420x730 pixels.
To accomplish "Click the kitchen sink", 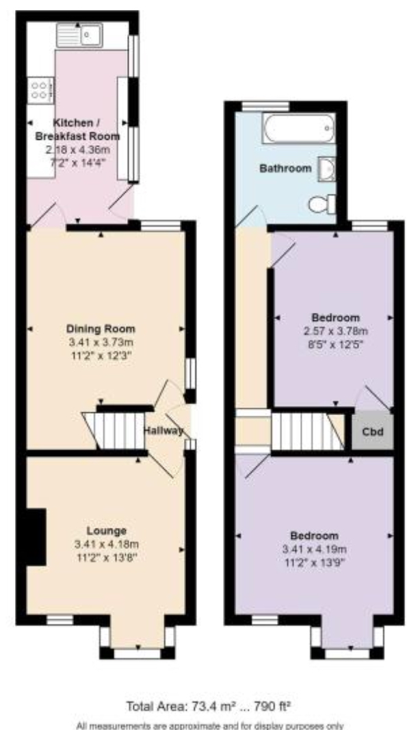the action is [x=79, y=36].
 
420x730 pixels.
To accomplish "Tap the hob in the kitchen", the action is [x=40, y=90].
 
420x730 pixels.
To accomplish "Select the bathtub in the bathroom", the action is [x=298, y=128].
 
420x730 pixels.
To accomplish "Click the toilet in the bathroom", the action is [x=322, y=204].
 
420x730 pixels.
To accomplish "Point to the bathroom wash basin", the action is [x=327, y=169].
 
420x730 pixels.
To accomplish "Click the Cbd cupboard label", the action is [x=373, y=431].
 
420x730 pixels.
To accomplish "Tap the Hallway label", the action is [x=163, y=431].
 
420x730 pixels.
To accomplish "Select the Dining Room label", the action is [x=101, y=329].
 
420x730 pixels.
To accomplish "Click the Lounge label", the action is [x=107, y=531].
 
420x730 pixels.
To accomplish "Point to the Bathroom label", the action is [x=285, y=168].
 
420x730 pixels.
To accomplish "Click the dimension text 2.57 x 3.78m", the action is [x=336, y=331].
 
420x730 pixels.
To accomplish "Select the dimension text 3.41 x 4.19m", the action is [x=315, y=549].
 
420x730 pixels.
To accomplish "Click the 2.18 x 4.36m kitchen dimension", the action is [x=78, y=150].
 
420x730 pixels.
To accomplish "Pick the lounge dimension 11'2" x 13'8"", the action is [x=107, y=557].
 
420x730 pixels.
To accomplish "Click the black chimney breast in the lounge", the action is [x=36, y=538].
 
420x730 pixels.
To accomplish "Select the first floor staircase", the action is [x=308, y=431].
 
